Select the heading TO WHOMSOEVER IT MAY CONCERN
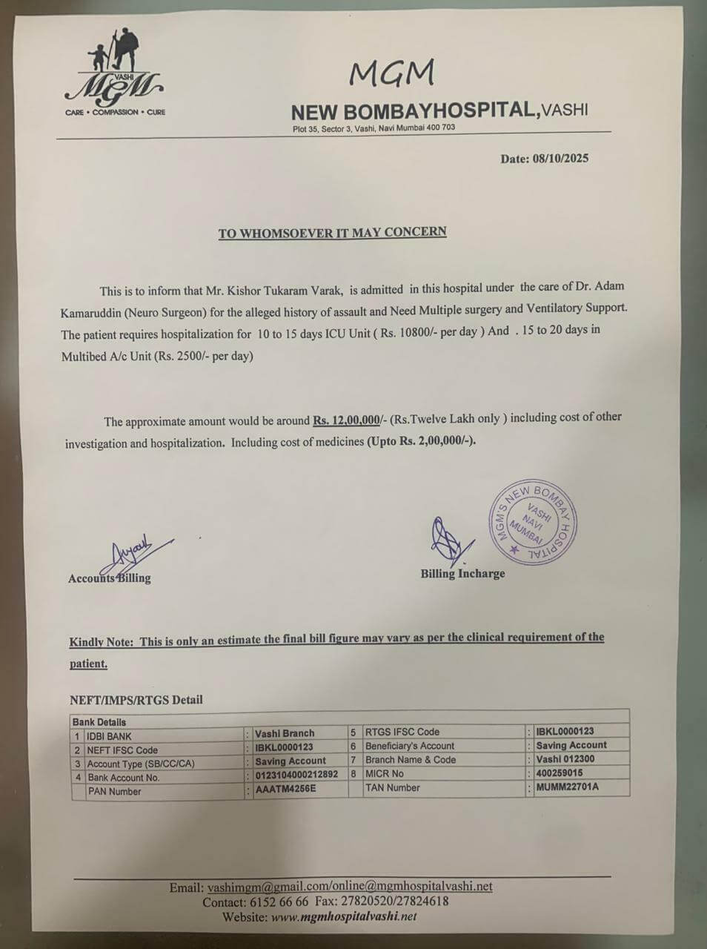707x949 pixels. click(x=332, y=233)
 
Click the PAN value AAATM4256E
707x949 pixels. click(x=285, y=790)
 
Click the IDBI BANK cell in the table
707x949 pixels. click(x=109, y=736)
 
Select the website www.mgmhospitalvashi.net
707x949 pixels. click(x=344, y=917)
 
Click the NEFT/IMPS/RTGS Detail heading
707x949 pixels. click(x=136, y=699)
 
